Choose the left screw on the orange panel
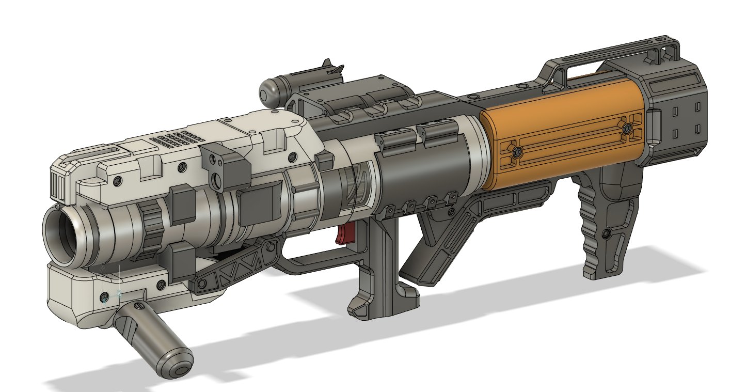[517, 152]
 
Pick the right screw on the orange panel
[627, 128]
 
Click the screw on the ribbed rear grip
[607, 234]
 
